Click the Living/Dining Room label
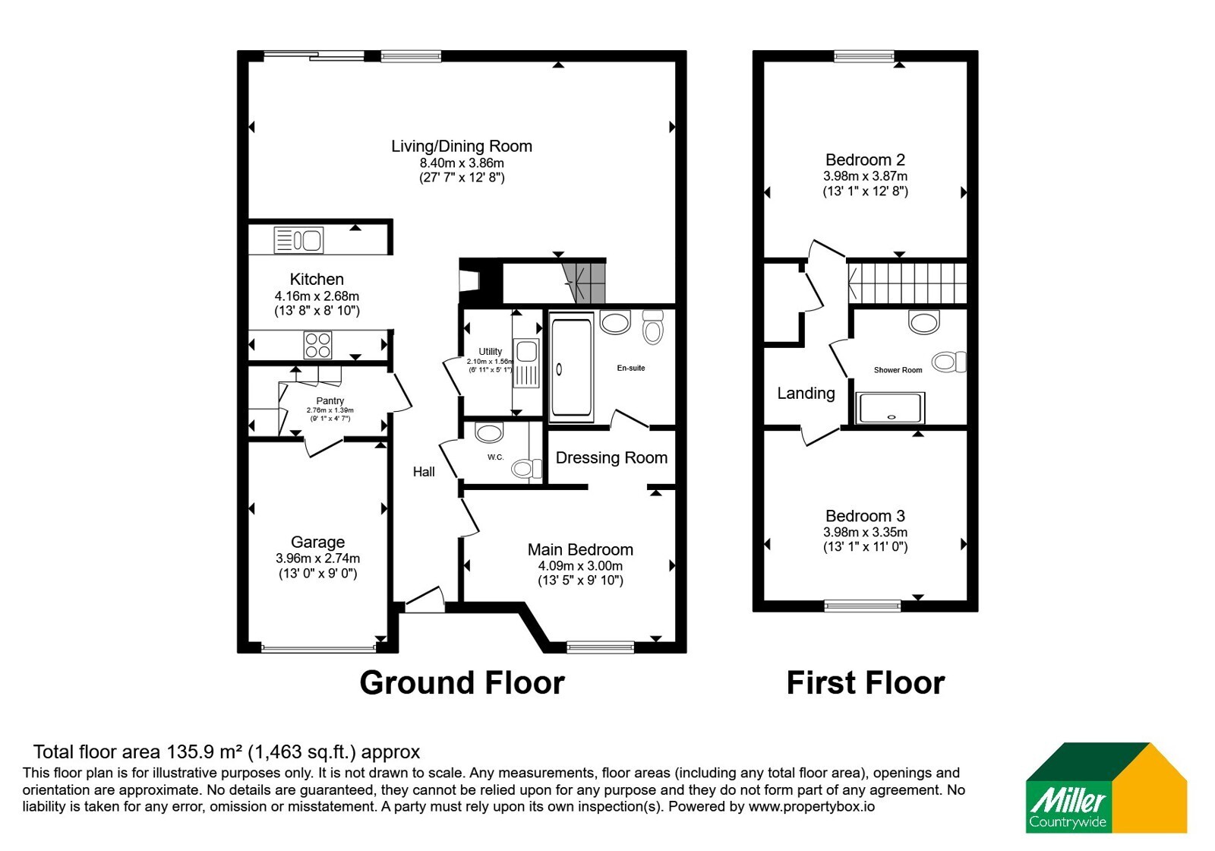coord(462,146)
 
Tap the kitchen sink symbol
coord(298,240)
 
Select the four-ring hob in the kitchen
coord(318,345)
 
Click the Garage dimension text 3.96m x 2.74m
coord(318,558)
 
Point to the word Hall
coord(424,472)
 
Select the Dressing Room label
coord(611,457)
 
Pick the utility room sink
coord(526,363)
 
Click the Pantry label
coord(330,400)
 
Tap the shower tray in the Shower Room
coord(889,408)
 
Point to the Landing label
coord(806,393)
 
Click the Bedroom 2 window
coord(864,56)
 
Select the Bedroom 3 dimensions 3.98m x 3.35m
coord(865,532)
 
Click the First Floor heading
coord(866,682)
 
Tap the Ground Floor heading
coord(462,682)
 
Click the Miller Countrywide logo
coord(1106,787)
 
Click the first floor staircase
coord(907,283)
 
